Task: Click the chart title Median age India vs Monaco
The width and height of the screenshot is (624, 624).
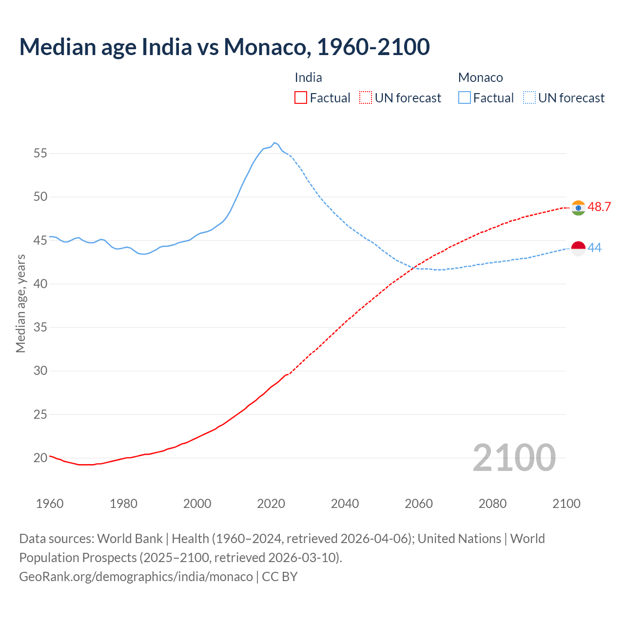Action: pyautogui.click(x=224, y=47)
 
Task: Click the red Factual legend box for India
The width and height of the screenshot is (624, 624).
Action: pyautogui.click(x=301, y=98)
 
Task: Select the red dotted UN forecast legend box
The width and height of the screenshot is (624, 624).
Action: pyautogui.click(x=366, y=98)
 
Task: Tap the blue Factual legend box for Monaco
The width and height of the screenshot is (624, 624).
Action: pyautogui.click(x=465, y=98)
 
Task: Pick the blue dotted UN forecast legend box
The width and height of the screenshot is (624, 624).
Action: pyautogui.click(x=529, y=98)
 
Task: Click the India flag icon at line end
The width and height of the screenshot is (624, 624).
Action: pyautogui.click(x=578, y=208)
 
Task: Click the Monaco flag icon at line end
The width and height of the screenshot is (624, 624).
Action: pyautogui.click(x=578, y=248)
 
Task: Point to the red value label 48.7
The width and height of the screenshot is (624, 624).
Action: pyautogui.click(x=599, y=207)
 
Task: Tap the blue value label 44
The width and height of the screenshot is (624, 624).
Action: pyautogui.click(x=595, y=248)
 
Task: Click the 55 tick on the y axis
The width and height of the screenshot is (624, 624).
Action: pyautogui.click(x=40, y=154)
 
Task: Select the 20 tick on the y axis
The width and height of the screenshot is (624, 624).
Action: pyautogui.click(x=40, y=458)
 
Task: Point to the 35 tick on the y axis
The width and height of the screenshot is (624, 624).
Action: pyautogui.click(x=40, y=327)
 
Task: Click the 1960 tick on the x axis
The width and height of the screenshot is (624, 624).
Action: pyautogui.click(x=50, y=504)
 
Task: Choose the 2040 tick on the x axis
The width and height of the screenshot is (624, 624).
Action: pyautogui.click(x=345, y=504)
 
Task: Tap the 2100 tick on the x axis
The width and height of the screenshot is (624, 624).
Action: pyautogui.click(x=566, y=504)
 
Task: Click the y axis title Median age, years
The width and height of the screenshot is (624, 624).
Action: pyautogui.click(x=20, y=303)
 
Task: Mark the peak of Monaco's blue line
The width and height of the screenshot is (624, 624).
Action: pyautogui.click(x=274, y=143)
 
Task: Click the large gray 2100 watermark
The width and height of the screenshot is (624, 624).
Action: pyautogui.click(x=514, y=458)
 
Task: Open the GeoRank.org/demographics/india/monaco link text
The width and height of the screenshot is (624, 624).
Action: pyautogui.click(x=136, y=577)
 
